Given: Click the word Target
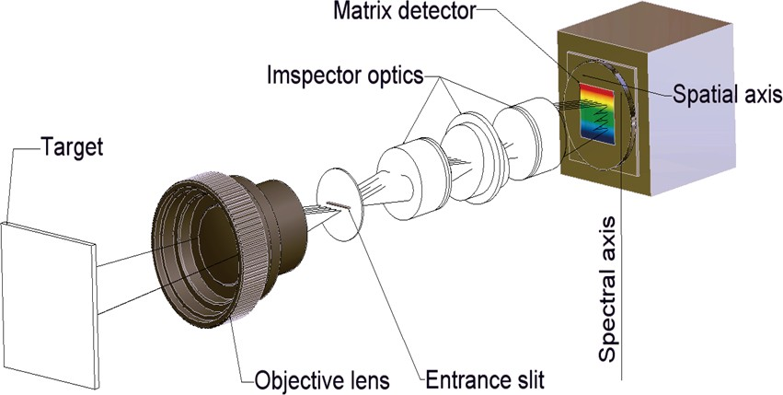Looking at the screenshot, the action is pyautogui.click(x=72, y=147).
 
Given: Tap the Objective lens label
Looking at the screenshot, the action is pyautogui.click(x=322, y=380).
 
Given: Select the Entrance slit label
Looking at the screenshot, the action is pyautogui.click(x=484, y=380).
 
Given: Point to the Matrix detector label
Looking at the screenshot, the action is pyautogui.click(x=405, y=11).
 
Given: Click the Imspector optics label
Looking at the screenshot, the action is pyautogui.click(x=345, y=76).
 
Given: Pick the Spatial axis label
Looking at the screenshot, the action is pyautogui.click(x=727, y=94).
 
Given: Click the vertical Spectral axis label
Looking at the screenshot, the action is pyautogui.click(x=608, y=289).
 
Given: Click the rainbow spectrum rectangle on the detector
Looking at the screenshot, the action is pyautogui.click(x=597, y=114).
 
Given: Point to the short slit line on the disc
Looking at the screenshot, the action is pyautogui.click(x=340, y=205).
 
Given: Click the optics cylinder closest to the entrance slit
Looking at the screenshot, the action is pyautogui.click(x=406, y=182).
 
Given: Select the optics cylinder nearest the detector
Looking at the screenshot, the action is pyautogui.click(x=527, y=137).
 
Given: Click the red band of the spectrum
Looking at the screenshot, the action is pyautogui.click(x=597, y=91).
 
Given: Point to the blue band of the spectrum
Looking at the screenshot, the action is pyautogui.click(x=598, y=134).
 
